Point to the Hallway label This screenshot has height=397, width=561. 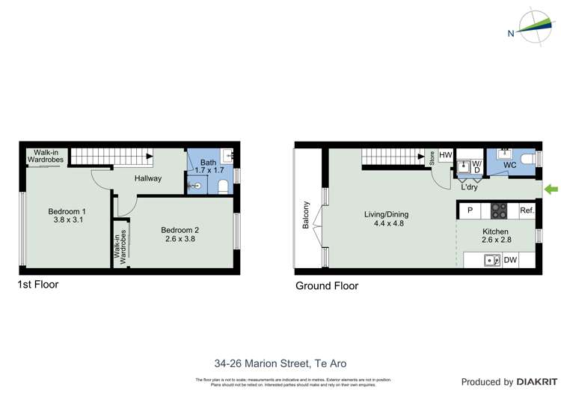coord(148,179)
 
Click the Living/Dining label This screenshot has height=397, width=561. coord(386,219)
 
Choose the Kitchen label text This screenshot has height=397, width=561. coord(495,233)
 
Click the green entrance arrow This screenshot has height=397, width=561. coord(551,188)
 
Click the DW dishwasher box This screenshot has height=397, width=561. coord(510,261)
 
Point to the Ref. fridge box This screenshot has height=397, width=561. coord(527,210)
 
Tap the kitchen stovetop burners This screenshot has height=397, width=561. coord(500,210)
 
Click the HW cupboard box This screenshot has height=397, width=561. coord(446,156)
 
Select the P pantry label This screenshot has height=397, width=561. coord(470,210)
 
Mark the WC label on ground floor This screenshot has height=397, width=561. coord(510,165)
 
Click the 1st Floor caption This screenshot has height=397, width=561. coord(37,285)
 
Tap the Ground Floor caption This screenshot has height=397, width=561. coord(327,285)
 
